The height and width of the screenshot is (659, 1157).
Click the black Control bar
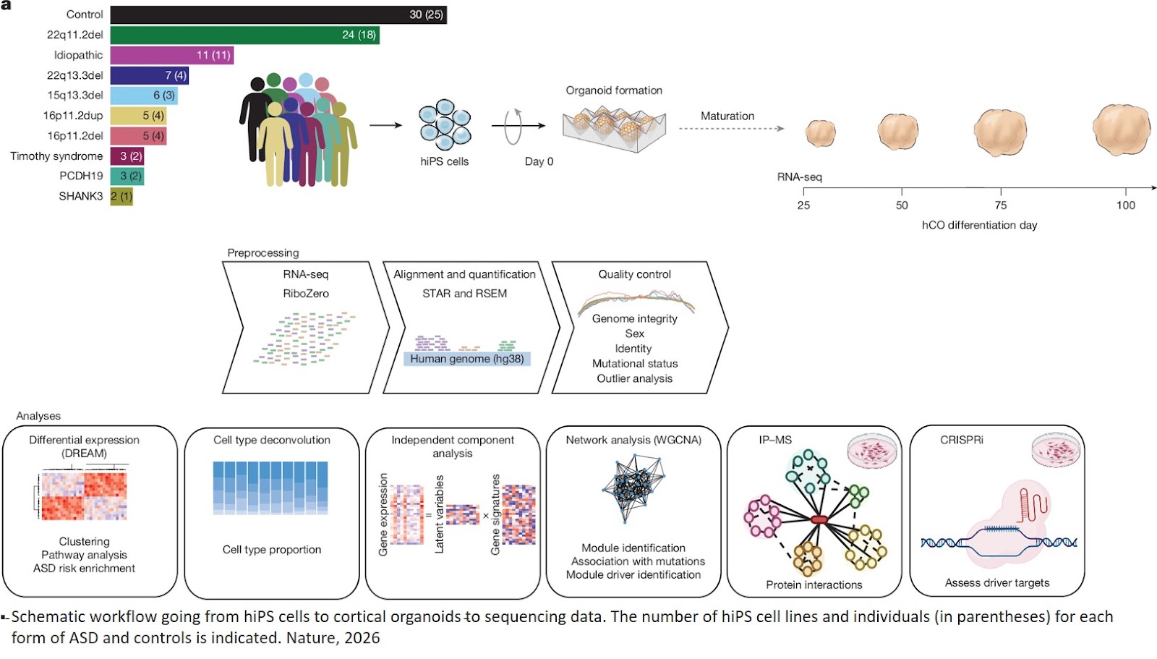click(x=278, y=14)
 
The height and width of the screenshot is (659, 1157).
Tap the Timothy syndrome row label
click(x=56, y=156)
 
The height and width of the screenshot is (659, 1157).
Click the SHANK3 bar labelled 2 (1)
click(x=121, y=196)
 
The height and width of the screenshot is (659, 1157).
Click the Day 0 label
click(x=539, y=161)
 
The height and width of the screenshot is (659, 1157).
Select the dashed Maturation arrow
click(x=730, y=129)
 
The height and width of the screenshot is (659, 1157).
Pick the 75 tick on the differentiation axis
click(x=1001, y=205)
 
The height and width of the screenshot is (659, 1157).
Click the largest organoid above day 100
click(x=1121, y=130)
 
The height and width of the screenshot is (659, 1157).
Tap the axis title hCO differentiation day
click(x=979, y=225)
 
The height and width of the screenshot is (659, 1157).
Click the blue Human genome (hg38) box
click(x=467, y=359)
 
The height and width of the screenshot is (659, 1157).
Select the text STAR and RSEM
click(x=464, y=293)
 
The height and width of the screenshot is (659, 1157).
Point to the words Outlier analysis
click(x=634, y=378)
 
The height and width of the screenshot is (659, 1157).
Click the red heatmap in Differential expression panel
click(x=84, y=496)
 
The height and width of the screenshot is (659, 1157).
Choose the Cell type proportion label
click(x=272, y=549)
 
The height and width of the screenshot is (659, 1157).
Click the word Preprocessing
click(x=262, y=252)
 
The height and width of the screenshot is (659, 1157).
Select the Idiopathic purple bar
click(x=172, y=55)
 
